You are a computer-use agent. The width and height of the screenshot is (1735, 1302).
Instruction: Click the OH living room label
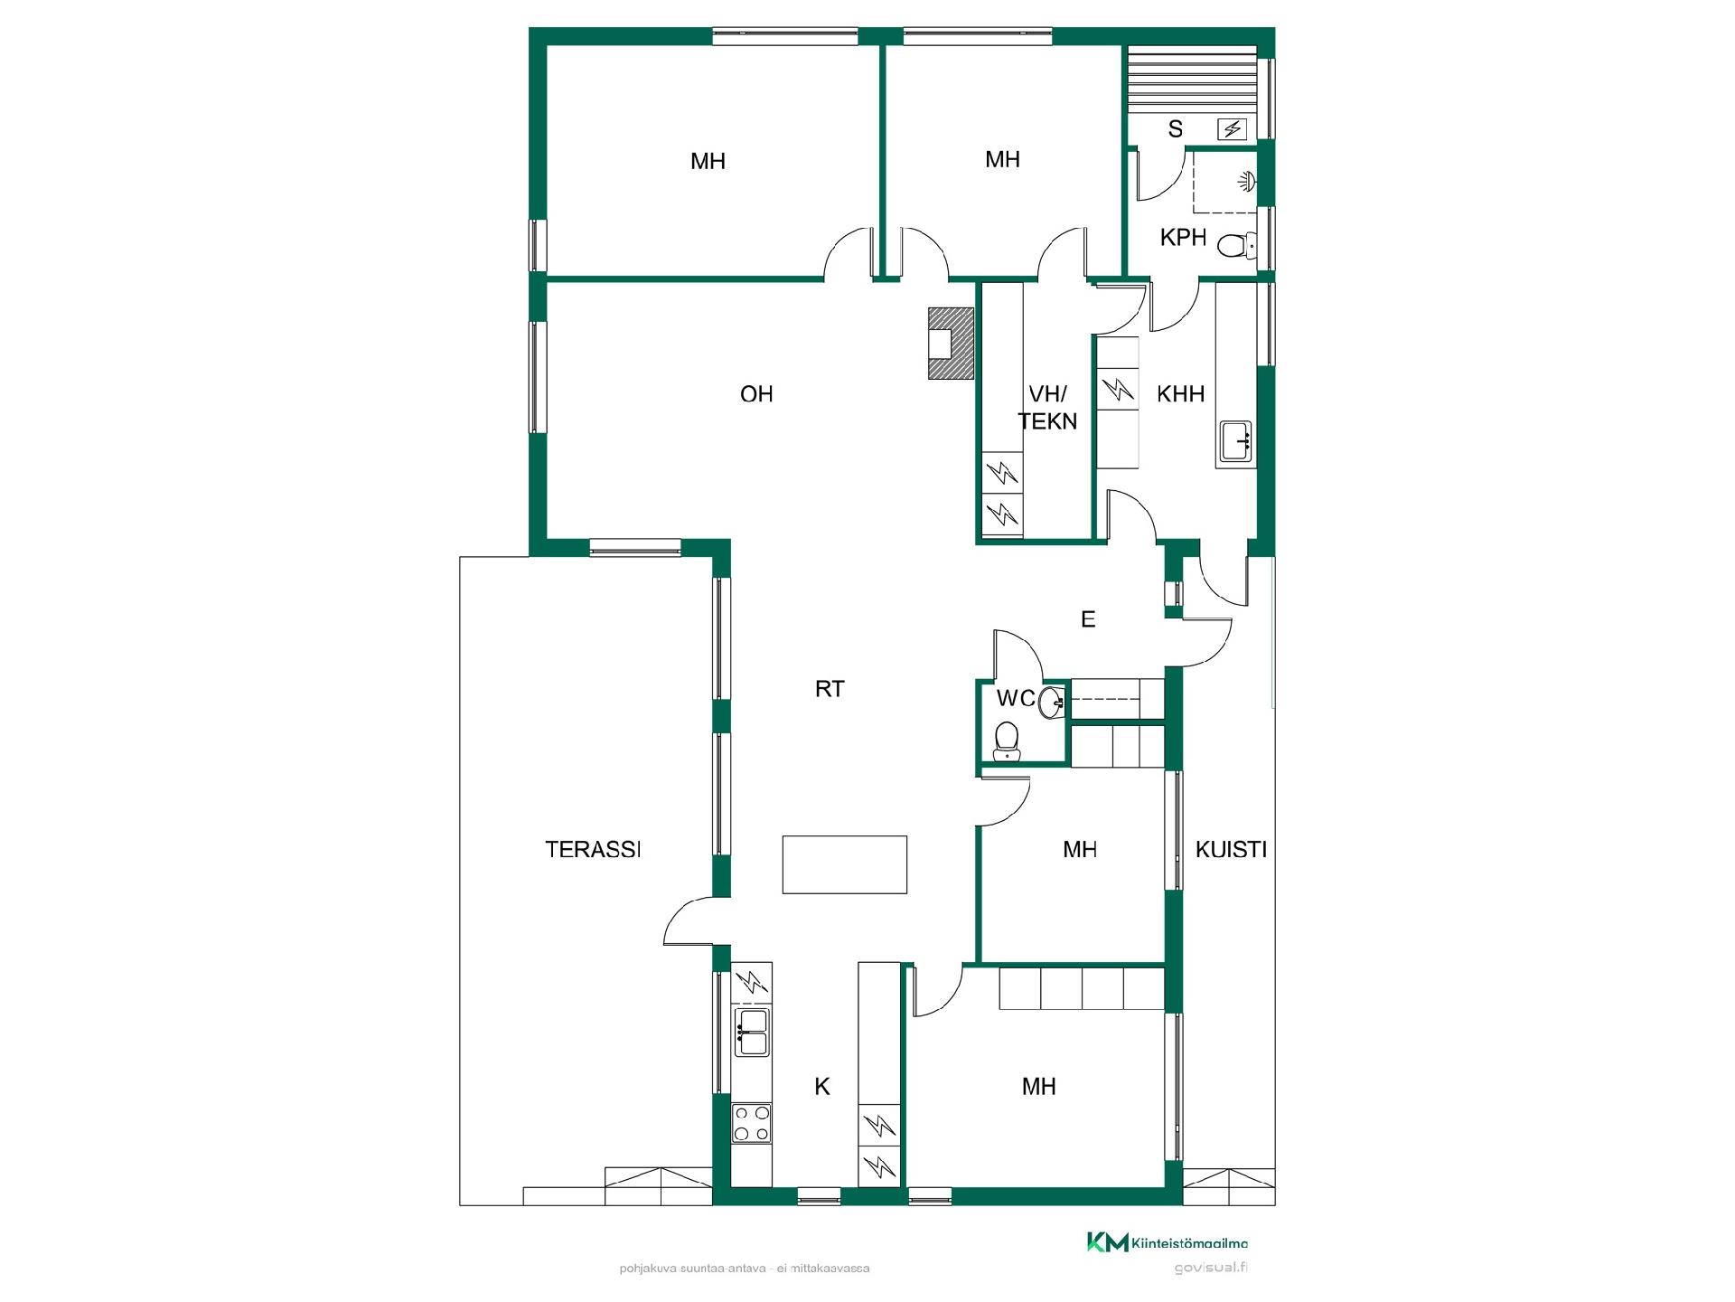756,394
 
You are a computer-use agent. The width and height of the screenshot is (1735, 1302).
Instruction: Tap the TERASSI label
593,849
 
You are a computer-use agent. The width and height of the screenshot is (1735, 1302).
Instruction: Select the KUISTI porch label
1231,849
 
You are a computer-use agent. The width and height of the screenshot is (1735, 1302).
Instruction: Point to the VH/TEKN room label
1048,407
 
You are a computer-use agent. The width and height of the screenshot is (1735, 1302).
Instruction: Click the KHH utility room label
1181,394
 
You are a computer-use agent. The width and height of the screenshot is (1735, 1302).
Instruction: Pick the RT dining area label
830,689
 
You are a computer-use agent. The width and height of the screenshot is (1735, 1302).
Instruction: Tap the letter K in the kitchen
822,1087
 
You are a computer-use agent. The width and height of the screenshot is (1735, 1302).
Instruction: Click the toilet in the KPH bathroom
1235,244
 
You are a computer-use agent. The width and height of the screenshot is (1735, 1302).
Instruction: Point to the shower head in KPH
1247,182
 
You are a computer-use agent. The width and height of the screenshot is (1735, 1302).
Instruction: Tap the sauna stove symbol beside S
1233,130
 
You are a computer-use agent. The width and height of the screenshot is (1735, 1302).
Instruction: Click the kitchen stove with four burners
752,1122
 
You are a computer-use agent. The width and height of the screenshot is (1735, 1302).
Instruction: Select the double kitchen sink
752,1033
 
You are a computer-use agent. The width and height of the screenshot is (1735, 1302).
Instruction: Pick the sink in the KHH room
1235,441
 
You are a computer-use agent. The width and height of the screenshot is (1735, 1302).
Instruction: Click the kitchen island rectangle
845,864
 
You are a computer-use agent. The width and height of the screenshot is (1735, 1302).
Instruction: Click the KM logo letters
1107,1242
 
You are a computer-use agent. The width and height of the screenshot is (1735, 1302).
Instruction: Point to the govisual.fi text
1211,1268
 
